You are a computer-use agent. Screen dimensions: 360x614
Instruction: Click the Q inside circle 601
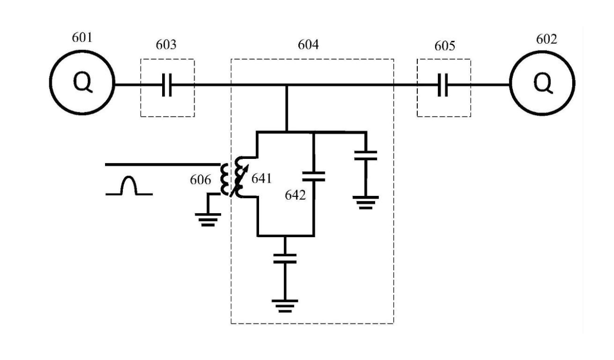coord(82,85)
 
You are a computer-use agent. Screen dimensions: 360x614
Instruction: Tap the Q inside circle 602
coord(543,85)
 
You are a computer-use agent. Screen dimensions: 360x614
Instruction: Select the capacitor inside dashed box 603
coord(167,85)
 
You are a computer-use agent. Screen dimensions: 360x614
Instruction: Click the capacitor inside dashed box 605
coord(444,85)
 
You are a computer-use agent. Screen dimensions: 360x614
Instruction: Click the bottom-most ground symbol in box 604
coord(285,305)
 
